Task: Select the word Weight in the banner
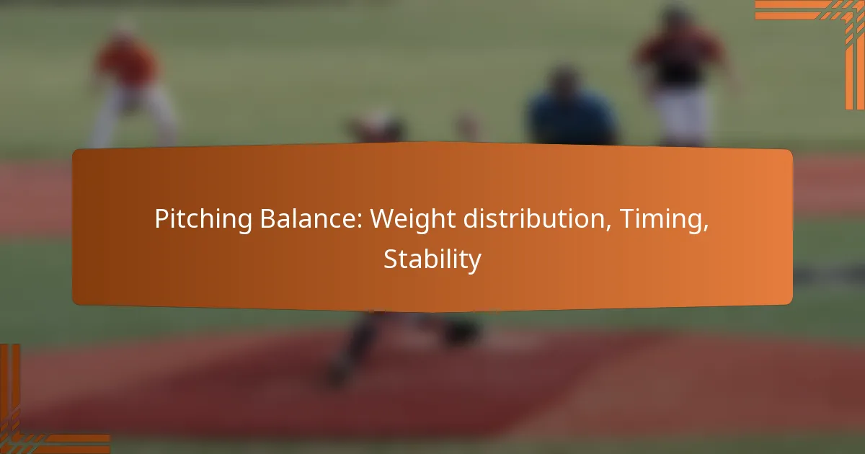tap(413, 219)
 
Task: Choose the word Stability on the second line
tap(432, 259)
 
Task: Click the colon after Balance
tap(359, 222)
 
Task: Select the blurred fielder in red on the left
tap(131, 85)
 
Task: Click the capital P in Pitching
tap(162, 218)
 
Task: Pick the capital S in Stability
tap(391, 259)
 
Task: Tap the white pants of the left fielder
tap(133, 116)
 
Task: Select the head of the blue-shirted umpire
tap(564, 79)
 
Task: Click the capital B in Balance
tap(268, 218)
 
